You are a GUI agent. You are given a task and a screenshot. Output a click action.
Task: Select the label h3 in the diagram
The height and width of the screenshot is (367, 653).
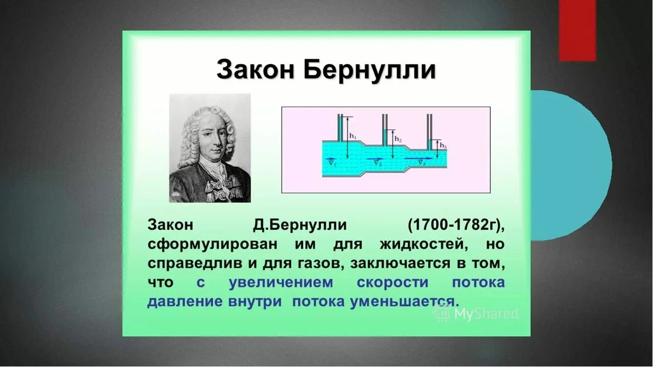(x=443, y=145)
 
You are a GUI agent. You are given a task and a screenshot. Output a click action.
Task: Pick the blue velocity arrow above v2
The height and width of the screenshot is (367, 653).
(x=375, y=159)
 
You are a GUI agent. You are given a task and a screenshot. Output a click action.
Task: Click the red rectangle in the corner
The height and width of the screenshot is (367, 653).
(x=577, y=30)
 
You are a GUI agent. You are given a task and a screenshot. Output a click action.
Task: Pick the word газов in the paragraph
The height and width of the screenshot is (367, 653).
(x=320, y=264)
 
